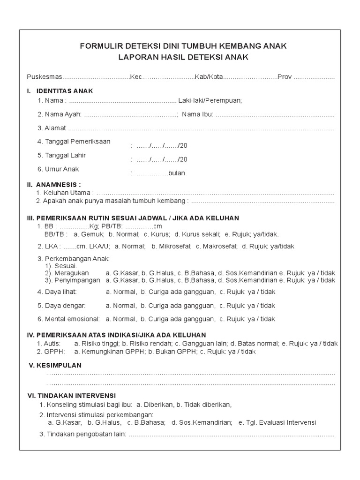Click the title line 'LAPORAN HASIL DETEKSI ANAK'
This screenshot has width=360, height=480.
click(x=184, y=58)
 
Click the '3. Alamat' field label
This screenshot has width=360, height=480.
click(x=52, y=128)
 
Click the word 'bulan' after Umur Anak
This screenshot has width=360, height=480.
click(x=177, y=173)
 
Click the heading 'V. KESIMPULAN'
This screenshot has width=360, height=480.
click(x=55, y=365)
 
